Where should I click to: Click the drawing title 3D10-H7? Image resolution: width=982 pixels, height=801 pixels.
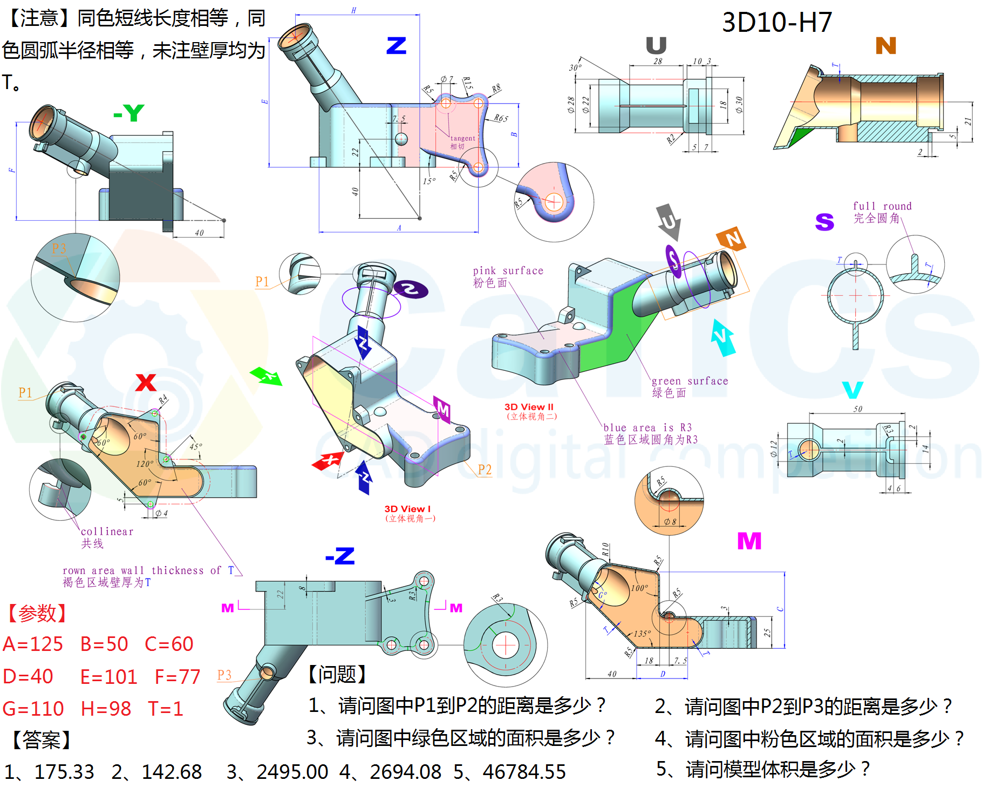tap(776, 23)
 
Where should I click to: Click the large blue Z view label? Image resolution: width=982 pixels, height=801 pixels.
tap(396, 46)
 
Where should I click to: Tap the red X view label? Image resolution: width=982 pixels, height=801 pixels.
tap(146, 382)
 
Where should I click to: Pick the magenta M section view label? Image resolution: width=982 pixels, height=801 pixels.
tap(749, 541)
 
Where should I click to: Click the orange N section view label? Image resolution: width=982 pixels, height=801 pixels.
tap(885, 46)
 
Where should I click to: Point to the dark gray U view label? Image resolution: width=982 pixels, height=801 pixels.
tap(656, 46)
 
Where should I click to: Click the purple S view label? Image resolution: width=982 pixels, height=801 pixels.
tap(824, 222)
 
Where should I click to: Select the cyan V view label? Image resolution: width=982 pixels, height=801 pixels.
tap(853, 390)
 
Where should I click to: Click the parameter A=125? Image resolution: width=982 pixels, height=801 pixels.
tap(33, 644)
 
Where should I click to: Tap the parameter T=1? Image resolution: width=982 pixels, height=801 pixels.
tap(166, 708)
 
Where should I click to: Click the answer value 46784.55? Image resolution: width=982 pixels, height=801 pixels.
tap(524, 772)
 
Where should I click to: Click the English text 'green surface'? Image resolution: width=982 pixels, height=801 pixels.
tap(690, 381)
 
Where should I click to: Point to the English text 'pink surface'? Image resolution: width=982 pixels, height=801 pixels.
tap(508, 270)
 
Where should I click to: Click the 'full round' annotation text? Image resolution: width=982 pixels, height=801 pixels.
tap(882, 206)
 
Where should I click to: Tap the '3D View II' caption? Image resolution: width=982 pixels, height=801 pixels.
tap(529, 407)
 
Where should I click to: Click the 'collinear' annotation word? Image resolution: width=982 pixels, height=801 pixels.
tap(107, 532)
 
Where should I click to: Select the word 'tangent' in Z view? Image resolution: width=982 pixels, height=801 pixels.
tap(463, 138)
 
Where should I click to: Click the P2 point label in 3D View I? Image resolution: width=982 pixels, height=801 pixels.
tap(485, 470)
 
